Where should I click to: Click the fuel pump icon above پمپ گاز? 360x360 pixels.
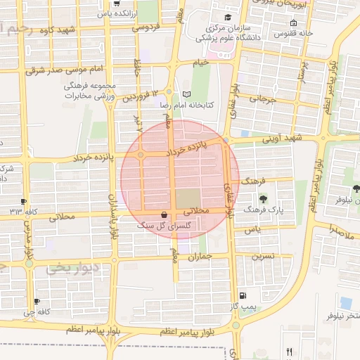point(243,296)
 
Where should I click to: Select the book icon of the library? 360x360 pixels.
point(186,94)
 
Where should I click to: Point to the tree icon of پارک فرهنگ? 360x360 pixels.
point(264,199)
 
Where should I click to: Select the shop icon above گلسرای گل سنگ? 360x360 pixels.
point(165,215)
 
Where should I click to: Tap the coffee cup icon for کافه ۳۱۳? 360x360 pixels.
point(24,201)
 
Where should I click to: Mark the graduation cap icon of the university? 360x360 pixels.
point(227,17)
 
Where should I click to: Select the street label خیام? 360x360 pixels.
point(202,63)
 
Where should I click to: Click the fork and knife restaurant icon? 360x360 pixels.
point(290,351)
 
